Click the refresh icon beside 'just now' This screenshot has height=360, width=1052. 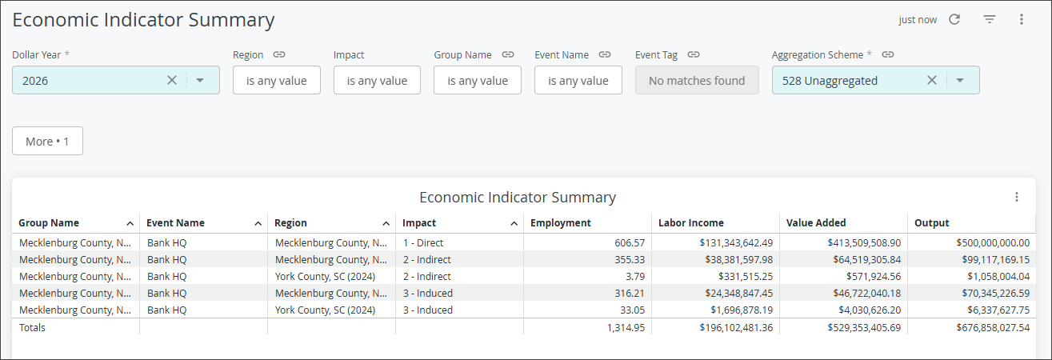pyautogui.click(x=954, y=19)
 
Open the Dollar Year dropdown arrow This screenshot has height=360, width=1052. pyautogui.click(x=200, y=80)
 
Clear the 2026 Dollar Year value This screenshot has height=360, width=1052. pyautogui.click(x=172, y=80)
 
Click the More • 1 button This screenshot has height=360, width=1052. pyautogui.click(x=47, y=141)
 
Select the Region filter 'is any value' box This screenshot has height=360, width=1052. pyautogui.click(x=277, y=80)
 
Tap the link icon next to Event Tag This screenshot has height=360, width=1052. pyautogui.click(x=694, y=54)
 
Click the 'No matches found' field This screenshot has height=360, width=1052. pyautogui.click(x=697, y=80)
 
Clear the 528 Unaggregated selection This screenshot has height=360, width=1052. pyautogui.click(x=932, y=80)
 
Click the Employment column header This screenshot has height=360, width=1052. pyautogui.click(x=561, y=223)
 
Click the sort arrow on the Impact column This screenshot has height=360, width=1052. pyautogui.click(x=514, y=223)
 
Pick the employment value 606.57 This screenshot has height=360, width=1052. pyautogui.click(x=630, y=242)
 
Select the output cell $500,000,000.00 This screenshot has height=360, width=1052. pyautogui.click(x=994, y=242)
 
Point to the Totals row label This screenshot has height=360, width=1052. pyautogui.click(x=32, y=327)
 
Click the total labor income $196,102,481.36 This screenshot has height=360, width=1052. pyautogui.click(x=736, y=327)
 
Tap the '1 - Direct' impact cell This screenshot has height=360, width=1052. pyautogui.click(x=423, y=242)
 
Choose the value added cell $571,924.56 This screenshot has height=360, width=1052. pyautogui.click(x=874, y=277)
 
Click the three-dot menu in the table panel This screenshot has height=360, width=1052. pyautogui.click(x=1017, y=197)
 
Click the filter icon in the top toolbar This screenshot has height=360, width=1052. pyautogui.click(x=990, y=19)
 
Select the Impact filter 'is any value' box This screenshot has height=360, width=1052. pyautogui.click(x=377, y=80)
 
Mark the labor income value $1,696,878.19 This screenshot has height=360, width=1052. pyautogui.click(x=742, y=310)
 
